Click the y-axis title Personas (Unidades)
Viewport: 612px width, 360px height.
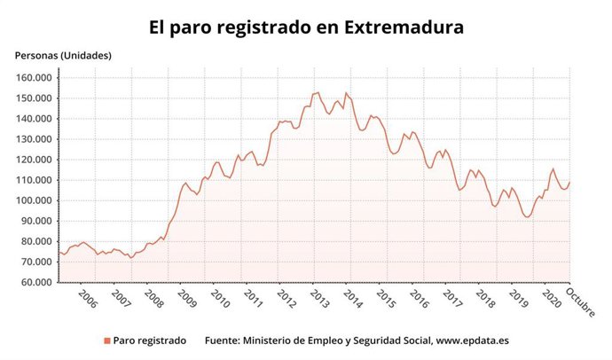[63, 55]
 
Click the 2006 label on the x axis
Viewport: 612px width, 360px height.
[86, 299]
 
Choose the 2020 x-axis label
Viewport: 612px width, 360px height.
[551, 299]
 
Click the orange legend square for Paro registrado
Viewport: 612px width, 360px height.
[107, 340]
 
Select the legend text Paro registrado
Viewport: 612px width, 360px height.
[150, 340]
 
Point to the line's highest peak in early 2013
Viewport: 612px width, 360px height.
[318, 92]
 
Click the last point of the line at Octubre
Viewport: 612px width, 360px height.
[569, 183]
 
